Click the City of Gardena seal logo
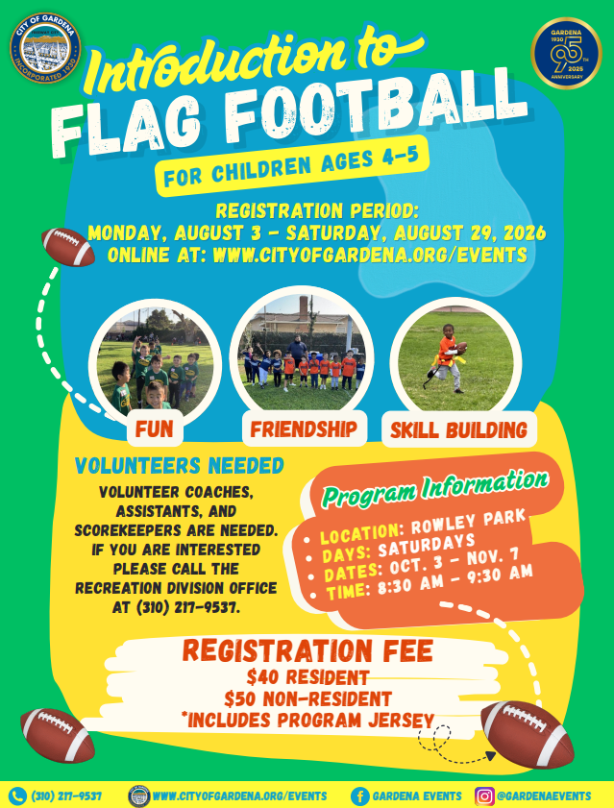(45, 48)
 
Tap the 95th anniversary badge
(567, 54)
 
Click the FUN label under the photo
(155, 428)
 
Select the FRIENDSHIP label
(305, 428)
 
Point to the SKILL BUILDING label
(459, 429)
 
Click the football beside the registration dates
(68, 247)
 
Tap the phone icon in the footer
(18, 796)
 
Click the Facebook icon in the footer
(359, 796)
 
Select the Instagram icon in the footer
(484, 796)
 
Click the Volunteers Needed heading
(180, 466)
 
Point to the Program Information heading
(435, 487)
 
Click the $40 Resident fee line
(307, 676)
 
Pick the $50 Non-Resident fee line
(307, 698)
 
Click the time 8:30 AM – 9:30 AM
(454, 579)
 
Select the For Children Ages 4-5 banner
(292, 166)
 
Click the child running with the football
(448, 357)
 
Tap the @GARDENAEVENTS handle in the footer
(543, 796)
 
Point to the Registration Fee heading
(307, 650)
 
